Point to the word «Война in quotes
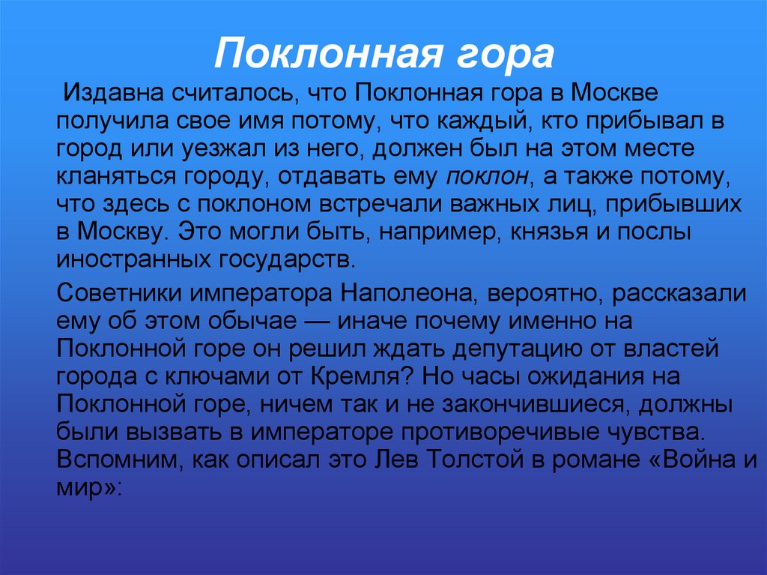[684, 458]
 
